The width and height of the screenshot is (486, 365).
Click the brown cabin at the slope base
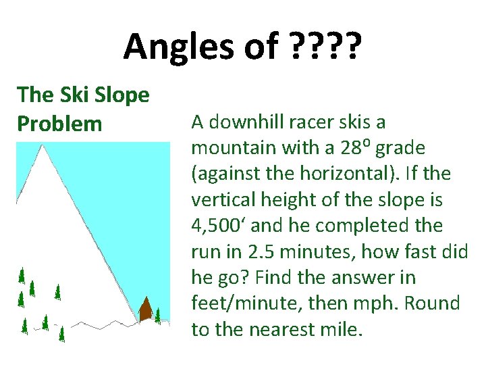click(x=145, y=310)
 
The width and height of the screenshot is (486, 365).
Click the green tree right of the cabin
click(x=158, y=315)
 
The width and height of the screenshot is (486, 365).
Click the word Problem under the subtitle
click(x=60, y=124)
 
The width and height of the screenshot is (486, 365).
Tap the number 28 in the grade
click(x=350, y=148)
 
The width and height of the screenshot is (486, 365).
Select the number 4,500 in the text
click(x=217, y=226)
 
